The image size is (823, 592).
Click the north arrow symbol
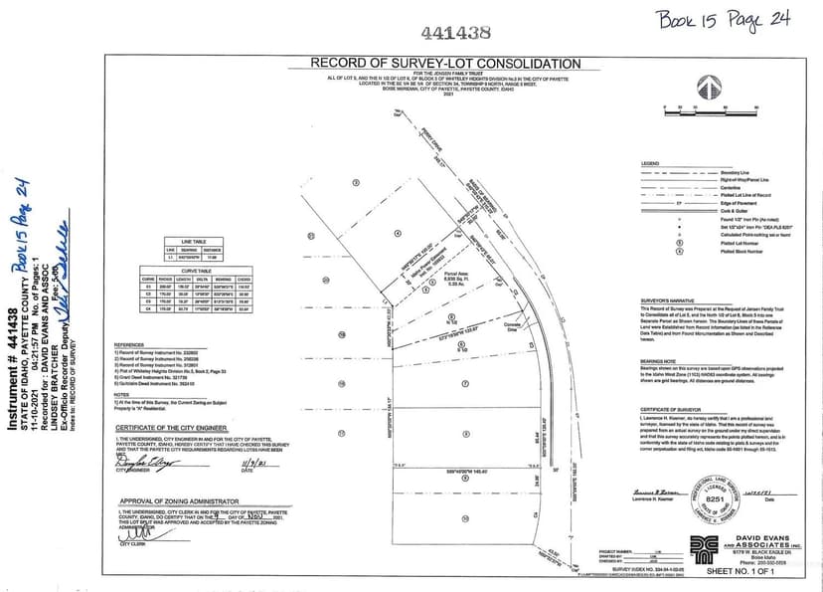711,83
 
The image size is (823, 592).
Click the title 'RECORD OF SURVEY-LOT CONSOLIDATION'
445,63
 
